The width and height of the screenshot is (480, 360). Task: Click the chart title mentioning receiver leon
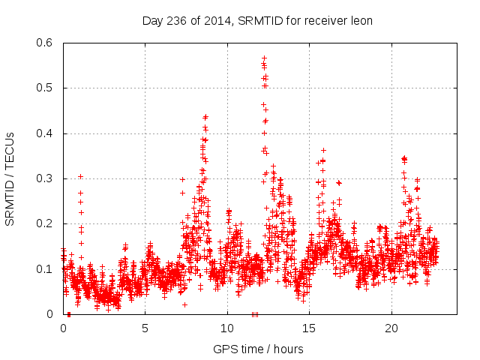click(x=258, y=20)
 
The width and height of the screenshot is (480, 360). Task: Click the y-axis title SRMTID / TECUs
click(x=10, y=178)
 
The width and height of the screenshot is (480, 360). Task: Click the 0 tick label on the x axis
click(x=63, y=328)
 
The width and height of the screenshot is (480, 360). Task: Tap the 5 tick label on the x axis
click(x=145, y=328)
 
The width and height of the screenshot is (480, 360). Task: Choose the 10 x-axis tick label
click(x=227, y=328)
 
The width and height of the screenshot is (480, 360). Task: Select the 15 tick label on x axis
click(x=309, y=328)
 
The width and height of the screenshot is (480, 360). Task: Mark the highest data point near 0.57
click(x=264, y=57)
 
